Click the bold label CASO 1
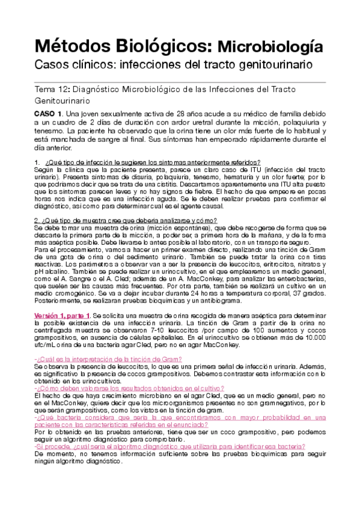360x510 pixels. tap(49, 114)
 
